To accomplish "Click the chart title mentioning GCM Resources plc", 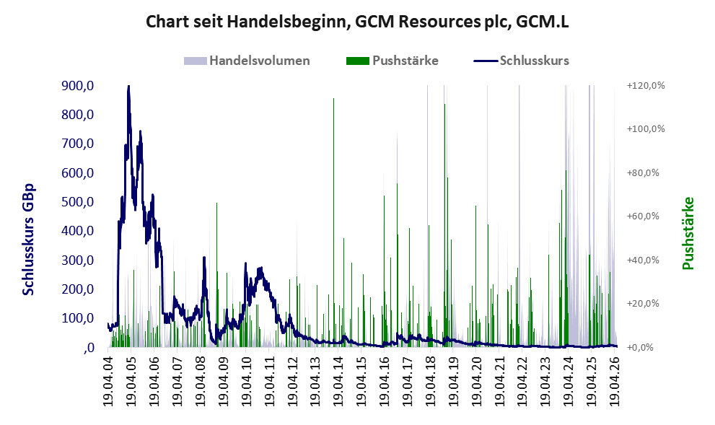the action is (358, 22).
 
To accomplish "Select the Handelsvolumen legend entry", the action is (247, 61).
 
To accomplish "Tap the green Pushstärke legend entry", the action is (392, 61).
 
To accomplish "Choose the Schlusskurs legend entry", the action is (521, 61).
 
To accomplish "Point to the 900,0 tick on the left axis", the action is (77, 85).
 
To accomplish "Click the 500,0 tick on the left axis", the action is (77, 202).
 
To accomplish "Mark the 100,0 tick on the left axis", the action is (77, 318).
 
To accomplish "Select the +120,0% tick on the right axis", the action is (646, 86).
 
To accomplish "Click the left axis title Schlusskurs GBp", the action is (28, 239).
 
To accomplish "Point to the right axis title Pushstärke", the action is (688, 233).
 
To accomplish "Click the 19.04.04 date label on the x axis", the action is (108, 378).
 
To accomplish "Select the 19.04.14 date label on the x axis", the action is (338, 378).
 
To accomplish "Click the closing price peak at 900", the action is (128, 86).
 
